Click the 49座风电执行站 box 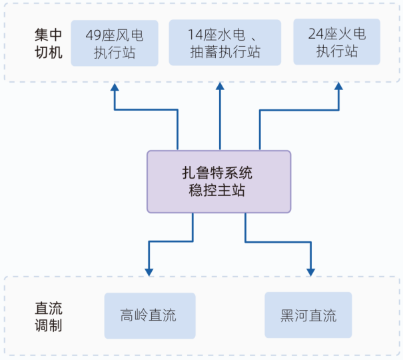coord(115,43)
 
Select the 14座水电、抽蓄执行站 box coord(224,43)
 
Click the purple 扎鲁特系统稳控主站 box coord(218,181)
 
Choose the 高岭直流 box coord(150,315)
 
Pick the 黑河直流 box coord(308,315)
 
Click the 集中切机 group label coord(48,43)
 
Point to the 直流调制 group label coord(48,316)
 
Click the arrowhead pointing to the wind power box coord(115,87)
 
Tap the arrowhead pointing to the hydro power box coord(220,87)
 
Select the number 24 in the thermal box coord(316,33)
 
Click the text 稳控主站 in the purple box coord(218,191)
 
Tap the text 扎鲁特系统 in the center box coord(218,173)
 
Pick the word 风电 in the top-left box coord(131,35)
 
